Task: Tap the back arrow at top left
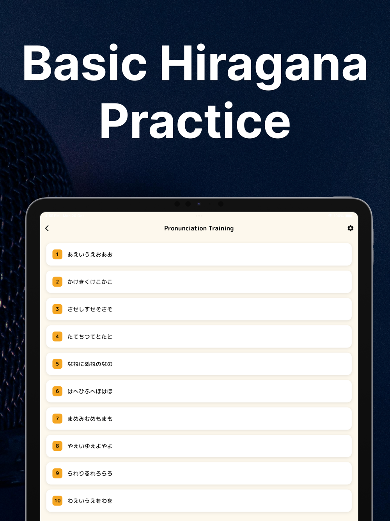[47, 228]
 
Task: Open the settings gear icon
[351, 228]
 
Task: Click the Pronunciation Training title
[199, 228]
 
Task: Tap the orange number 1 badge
[57, 255]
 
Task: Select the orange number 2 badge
[57, 282]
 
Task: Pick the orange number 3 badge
[57, 309]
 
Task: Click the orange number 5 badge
[57, 364]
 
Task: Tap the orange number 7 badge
[57, 418]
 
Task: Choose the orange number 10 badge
[57, 501]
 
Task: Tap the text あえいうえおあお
[90, 255]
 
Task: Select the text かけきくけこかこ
[90, 282]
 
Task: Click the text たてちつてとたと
[90, 337]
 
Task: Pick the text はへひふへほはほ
[90, 391]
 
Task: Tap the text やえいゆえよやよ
[90, 446]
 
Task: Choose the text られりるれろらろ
[90, 473]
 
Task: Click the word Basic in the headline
[85, 62]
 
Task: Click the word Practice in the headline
[195, 120]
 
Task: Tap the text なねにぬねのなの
[90, 364]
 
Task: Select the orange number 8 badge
[57, 446]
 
